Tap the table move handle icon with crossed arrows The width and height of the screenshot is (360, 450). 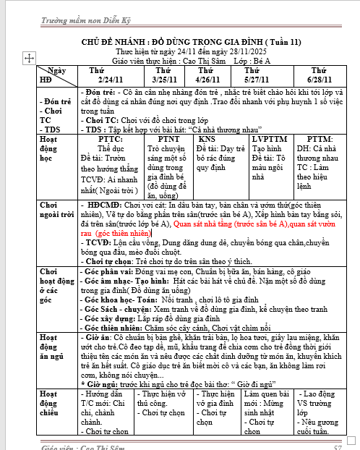[x=30, y=57]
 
